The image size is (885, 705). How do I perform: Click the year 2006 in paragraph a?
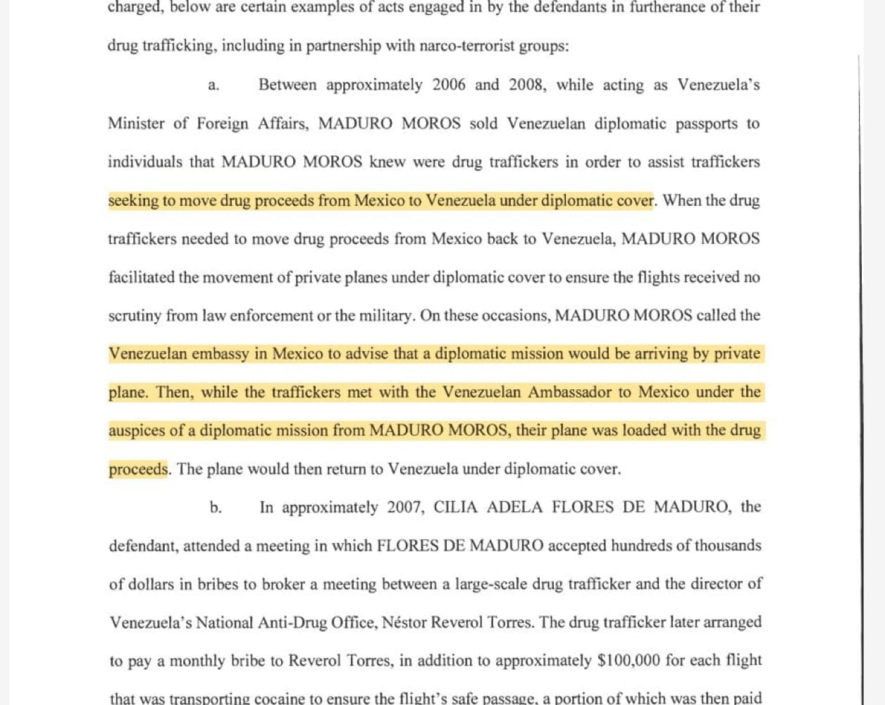coord(449,85)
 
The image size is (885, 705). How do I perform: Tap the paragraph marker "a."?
coord(213,86)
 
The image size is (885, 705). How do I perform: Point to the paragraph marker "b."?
coord(216,508)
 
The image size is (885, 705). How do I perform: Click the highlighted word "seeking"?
coord(133,201)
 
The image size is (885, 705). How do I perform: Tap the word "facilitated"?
coord(141,278)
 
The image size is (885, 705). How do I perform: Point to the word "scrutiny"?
coord(135,316)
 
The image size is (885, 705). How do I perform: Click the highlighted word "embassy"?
coord(221,354)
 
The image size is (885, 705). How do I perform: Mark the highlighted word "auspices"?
coord(136,431)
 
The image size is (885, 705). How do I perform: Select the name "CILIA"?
coord(455,508)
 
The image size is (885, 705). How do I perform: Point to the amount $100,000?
coord(629,661)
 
